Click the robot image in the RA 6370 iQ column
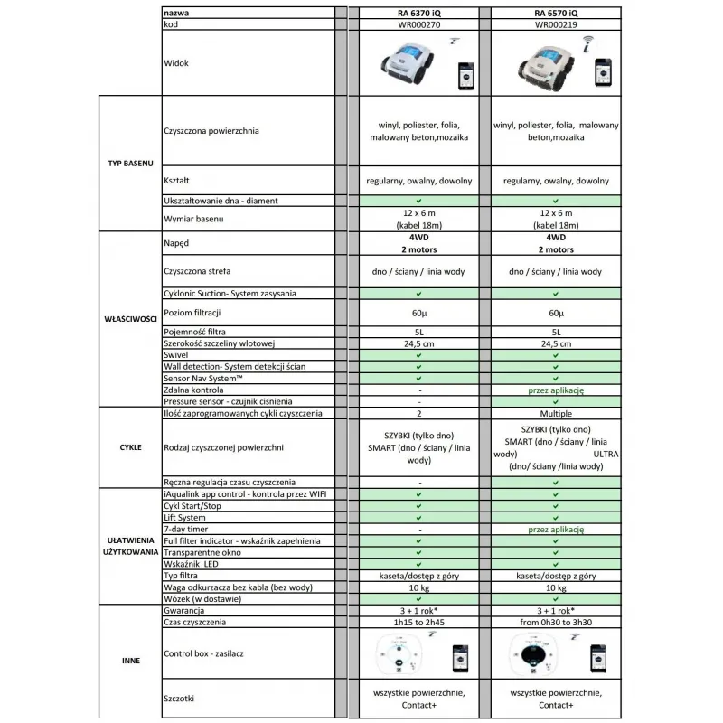(x=405, y=66)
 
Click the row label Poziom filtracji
(x=193, y=313)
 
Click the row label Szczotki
(x=182, y=698)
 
